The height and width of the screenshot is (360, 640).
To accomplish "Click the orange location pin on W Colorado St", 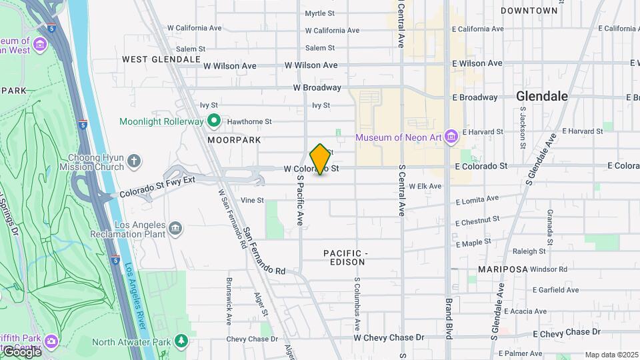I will point(320,159).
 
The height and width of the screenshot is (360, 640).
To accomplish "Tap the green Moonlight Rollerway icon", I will point(214,121).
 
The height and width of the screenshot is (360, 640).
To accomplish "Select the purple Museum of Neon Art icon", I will point(451,137).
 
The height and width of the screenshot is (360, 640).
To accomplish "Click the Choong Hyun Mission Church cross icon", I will point(134,161).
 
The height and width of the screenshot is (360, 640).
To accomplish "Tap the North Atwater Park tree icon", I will point(181,342).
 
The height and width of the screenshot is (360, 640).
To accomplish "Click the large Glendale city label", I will point(542,96).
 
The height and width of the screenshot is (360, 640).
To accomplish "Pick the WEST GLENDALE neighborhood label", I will point(161,59).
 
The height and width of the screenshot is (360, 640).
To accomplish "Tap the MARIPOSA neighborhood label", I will point(503,269).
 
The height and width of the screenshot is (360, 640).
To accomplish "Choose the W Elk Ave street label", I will point(425,186).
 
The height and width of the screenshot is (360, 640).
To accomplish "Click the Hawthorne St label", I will point(250,122).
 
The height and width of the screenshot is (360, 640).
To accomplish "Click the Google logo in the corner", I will point(21,351).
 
